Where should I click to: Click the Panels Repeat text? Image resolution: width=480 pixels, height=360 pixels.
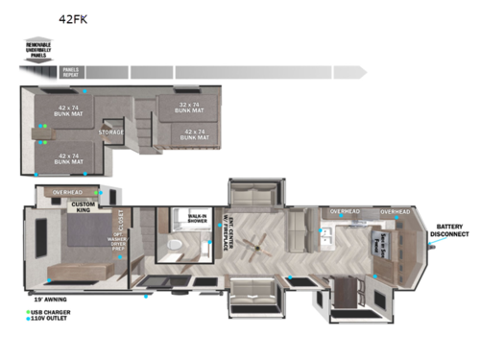pyautogui.click(x=70, y=71)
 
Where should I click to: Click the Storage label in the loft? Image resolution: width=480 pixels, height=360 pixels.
pyautogui.click(x=137, y=133)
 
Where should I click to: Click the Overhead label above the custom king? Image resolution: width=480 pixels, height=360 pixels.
pyautogui.click(x=67, y=192)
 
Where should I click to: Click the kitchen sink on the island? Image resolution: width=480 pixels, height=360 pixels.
pyautogui.click(x=324, y=230)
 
